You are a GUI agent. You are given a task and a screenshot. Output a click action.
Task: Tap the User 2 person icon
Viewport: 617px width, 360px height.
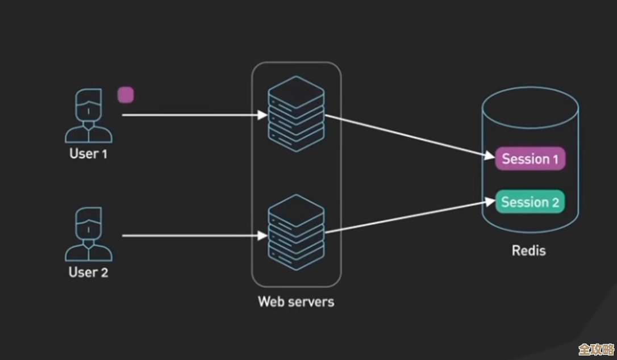click(x=88, y=234)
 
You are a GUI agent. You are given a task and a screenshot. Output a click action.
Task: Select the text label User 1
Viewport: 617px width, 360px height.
click(x=88, y=153)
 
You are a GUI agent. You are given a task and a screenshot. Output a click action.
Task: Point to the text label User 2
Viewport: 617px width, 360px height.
click(x=88, y=272)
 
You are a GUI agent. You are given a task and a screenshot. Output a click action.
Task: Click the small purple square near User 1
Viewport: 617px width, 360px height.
click(x=126, y=95)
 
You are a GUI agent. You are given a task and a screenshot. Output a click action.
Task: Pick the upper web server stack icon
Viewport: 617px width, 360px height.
click(x=296, y=114)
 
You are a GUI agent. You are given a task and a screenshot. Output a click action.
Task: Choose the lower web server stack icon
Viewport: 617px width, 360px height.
click(x=296, y=233)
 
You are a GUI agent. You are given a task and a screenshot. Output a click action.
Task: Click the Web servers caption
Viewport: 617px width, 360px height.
click(x=296, y=301)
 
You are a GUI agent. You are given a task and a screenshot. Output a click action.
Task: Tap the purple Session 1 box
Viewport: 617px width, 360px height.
click(x=530, y=159)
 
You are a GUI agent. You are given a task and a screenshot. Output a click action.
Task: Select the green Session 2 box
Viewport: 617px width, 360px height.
click(x=530, y=202)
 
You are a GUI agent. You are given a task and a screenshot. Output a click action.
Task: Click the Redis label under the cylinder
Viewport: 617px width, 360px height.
click(x=528, y=250)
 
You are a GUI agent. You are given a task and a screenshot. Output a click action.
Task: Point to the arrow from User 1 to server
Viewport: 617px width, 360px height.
click(x=193, y=115)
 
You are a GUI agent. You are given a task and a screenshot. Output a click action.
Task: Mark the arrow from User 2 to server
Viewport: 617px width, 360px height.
click(x=193, y=235)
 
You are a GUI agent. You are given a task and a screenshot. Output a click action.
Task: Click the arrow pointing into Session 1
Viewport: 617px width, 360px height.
click(x=409, y=136)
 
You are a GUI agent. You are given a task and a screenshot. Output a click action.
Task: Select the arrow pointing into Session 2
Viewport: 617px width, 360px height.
click(x=409, y=216)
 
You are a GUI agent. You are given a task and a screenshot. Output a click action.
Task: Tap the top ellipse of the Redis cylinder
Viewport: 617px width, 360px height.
click(x=530, y=105)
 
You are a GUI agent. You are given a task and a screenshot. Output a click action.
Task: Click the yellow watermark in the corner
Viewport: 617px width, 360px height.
click(x=596, y=348)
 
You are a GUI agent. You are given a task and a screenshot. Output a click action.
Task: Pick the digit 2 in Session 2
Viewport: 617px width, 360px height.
click(x=555, y=202)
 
